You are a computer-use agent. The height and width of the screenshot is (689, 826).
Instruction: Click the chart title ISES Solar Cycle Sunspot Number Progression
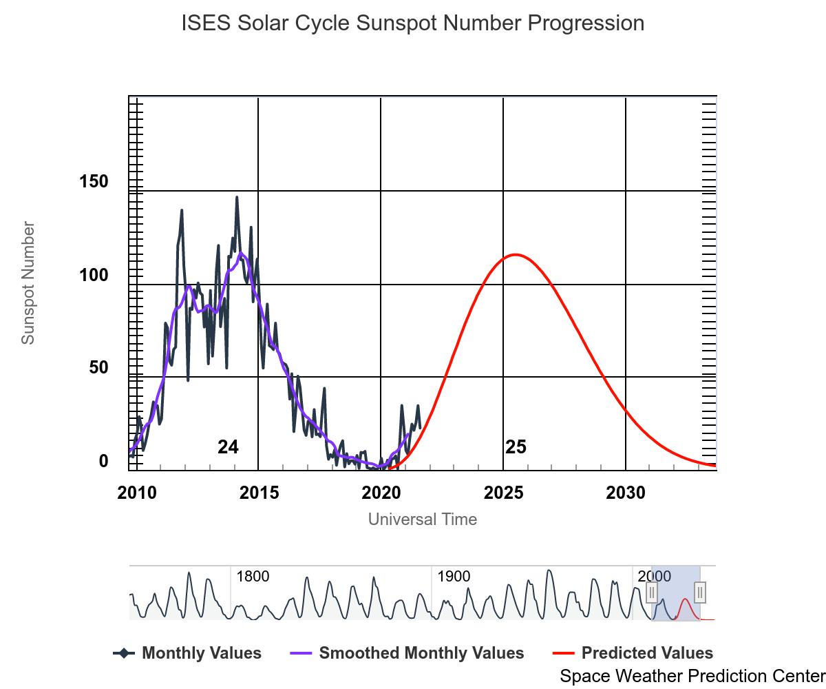point(413,23)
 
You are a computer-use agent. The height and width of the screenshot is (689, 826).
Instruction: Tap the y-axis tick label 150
point(94,182)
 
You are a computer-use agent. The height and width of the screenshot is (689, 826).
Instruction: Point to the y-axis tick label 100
point(94,276)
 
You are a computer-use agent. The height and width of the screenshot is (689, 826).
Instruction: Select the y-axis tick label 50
point(98,368)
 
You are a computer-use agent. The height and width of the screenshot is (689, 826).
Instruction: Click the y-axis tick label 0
point(104,461)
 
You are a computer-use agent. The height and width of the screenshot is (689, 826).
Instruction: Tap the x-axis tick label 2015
point(259,493)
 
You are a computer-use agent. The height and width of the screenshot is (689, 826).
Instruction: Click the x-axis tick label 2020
point(381,493)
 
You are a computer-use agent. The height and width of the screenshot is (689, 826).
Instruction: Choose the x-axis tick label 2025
point(504,493)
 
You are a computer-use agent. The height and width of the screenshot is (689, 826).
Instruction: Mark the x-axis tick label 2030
point(626,493)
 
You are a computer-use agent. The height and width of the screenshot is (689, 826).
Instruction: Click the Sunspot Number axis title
point(28,282)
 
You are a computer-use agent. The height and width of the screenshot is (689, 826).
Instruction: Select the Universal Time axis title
point(423,520)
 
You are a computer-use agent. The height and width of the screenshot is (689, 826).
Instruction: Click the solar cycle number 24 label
point(228,447)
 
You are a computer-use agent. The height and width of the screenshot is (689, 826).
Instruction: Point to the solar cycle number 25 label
point(516,447)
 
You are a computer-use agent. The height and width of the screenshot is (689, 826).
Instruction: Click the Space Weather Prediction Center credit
point(692,676)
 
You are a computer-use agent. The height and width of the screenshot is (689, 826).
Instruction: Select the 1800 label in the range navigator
point(253,577)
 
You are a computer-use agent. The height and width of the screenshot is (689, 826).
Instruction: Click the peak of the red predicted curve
point(515,254)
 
